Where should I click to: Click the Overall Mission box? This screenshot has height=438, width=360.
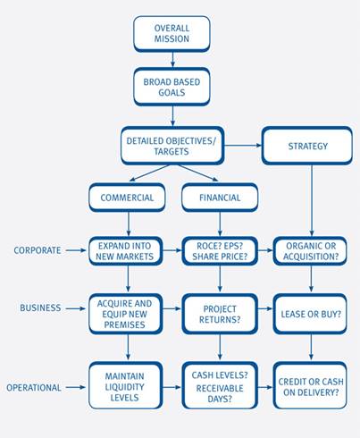[x=172, y=34]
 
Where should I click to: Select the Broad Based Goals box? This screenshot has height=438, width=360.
[x=172, y=87]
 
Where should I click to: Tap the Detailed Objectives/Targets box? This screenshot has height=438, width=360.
[x=172, y=146]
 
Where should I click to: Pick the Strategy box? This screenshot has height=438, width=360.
[x=307, y=146]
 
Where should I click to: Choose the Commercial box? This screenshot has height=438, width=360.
[x=127, y=198]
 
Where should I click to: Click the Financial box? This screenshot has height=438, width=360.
[x=220, y=198]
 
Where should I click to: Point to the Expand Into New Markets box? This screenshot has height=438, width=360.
[x=126, y=251]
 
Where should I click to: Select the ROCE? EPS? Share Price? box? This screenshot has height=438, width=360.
[x=220, y=251]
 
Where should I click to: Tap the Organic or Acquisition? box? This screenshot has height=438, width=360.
[x=310, y=251]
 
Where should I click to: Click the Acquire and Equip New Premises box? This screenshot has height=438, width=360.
[x=126, y=314]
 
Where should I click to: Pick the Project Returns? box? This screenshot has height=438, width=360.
[x=220, y=314]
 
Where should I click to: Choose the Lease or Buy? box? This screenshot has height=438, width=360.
[x=310, y=314]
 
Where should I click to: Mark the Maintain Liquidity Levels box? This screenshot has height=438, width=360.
[x=126, y=386]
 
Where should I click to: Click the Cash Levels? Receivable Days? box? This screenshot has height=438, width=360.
[x=220, y=386]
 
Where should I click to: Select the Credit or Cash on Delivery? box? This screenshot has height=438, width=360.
[x=310, y=386]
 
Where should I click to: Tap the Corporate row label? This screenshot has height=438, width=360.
[x=38, y=250]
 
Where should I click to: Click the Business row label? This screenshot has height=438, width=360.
[x=40, y=307]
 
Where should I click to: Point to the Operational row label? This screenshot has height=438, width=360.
[x=34, y=388]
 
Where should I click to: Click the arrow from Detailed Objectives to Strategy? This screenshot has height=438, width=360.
[x=243, y=146]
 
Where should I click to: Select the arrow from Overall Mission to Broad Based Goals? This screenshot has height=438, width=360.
[x=172, y=60]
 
